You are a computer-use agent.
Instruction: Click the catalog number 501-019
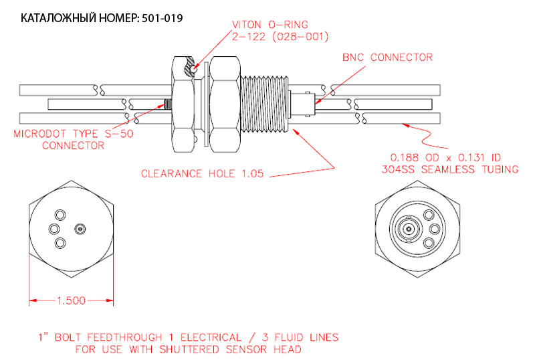pyautogui.click(x=162, y=18)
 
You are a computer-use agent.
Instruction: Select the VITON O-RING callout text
pyautogui.click(x=270, y=25)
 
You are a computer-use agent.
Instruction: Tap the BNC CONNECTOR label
pyautogui.click(x=388, y=57)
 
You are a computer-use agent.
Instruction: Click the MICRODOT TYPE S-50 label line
pyautogui.click(x=74, y=133)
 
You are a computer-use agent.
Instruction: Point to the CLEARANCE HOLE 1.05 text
pyautogui.click(x=203, y=173)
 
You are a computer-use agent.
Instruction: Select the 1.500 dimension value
pyautogui.click(x=71, y=300)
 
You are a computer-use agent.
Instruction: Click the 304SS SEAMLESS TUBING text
pyautogui.click(x=450, y=169)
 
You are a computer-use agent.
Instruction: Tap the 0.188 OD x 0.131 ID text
pyautogui.click(x=445, y=157)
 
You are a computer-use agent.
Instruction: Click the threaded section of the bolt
pyautogui.click(x=265, y=104)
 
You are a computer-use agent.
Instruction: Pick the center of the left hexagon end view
pyautogui.click(x=71, y=230)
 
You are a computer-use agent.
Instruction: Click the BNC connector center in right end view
pyautogui.click(x=408, y=229)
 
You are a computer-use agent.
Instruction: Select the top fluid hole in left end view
pyautogui.click(x=60, y=215)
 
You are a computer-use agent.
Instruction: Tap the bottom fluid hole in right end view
pyautogui.click(x=429, y=243)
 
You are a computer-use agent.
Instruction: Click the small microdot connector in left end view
pyautogui.click(x=80, y=229)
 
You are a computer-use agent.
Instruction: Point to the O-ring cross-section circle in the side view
pyautogui.click(x=194, y=69)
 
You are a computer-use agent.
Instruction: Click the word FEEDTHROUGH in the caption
pyautogui.click(x=124, y=337)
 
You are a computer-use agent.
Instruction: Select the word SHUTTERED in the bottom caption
pyautogui.click(x=189, y=349)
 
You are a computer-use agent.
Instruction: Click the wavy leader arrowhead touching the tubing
pyautogui.click(x=406, y=125)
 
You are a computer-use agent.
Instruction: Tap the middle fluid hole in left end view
pyautogui.click(x=54, y=229)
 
